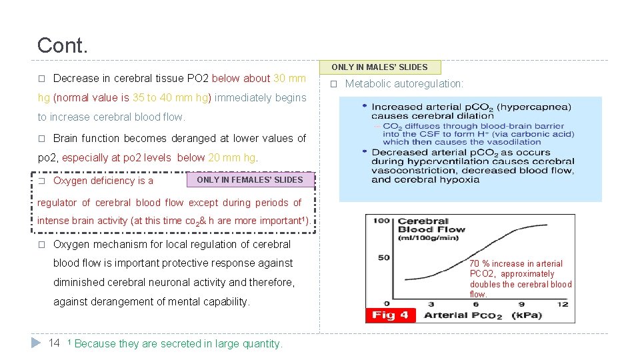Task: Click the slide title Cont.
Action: [x=62, y=45]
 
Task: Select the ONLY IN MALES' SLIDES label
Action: [x=379, y=67]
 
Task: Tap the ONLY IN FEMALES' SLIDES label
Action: [x=250, y=179]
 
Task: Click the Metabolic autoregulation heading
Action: [x=404, y=83]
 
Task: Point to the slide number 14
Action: [x=55, y=343]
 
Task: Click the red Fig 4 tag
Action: [x=390, y=315]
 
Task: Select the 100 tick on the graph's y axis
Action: [x=381, y=221]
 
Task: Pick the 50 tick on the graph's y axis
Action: [x=383, y=257]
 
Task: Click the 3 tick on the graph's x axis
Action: [x=431, y=303]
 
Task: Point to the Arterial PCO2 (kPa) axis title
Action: [x=483, y=315]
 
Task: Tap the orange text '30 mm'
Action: [x=289, y=78]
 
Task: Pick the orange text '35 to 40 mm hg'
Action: [x=170, y=97]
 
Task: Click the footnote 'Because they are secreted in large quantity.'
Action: [x=179, y=343]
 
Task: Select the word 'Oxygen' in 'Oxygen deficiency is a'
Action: [x=70, y=181]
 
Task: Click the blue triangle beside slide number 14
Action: [x=37, y=342]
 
